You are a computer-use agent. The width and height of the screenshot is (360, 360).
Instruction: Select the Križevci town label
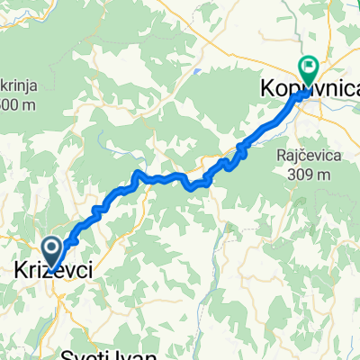coord(51,271)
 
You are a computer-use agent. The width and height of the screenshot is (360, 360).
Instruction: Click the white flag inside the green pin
coord(308,65)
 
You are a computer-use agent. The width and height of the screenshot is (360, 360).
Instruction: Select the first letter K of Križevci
coord(21,271)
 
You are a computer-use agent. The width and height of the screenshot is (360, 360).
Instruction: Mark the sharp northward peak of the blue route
coord(136,171)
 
